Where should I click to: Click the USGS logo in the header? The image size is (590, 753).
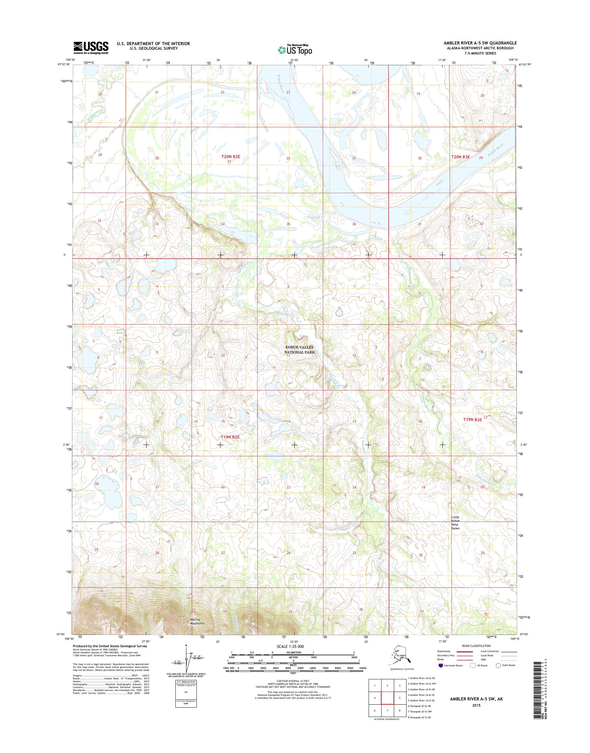pyautogui.click(x=91, y=48)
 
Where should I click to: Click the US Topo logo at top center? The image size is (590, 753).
pyautogui.click(x=295, y=50)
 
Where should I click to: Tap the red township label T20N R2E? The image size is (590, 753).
pyautogui.click(x=230, y=157)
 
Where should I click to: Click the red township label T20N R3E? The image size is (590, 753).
pyautogui.click(x=461, y=157)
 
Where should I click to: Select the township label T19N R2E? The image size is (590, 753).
pyautogui.click(x=230, y=437)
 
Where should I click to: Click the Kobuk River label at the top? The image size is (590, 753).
pyautogui.click(x=280, y=84)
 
